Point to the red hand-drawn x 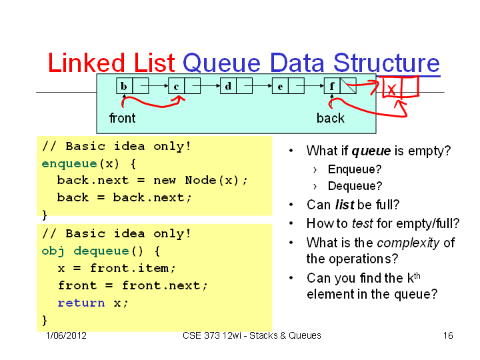(391, 89)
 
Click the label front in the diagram (123, 118)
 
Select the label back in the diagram (330, 118)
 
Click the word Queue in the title (221, 63)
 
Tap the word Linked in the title (87, 63)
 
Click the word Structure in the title (387, 63)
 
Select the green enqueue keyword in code (69, 164)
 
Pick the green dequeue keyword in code (101, 251)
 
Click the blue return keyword (81, 303)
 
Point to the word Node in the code (201, 180)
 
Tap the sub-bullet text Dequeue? (355, 186)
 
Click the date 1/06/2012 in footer (66, 335)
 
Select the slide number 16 (448, 335)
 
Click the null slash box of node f (349, 86)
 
